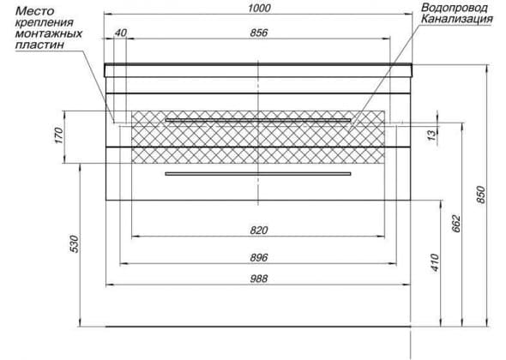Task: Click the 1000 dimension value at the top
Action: coord(259,8)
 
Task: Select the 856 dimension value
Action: coord(259,33)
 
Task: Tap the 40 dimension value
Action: coord(121,33)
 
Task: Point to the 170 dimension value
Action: coord(58,135)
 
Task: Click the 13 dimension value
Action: coord(431,135)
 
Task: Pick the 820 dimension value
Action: coord(259,231)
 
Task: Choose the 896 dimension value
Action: coord(259,258)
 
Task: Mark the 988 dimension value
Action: coord(259,279)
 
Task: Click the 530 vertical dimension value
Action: coord(74,244)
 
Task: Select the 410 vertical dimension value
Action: coord(435,262)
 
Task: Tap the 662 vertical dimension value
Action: coord(456,223)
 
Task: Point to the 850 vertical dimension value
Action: coord(481,195)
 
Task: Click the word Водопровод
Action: coord(454,8)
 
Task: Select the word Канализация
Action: coord(457,19)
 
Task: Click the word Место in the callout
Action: coord(35,11)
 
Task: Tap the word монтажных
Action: coord(49,33)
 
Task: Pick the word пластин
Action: coord(39,45)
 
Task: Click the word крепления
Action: coord(45,22)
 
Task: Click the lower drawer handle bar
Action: coord(258,174)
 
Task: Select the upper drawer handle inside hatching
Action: coord(258,120)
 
